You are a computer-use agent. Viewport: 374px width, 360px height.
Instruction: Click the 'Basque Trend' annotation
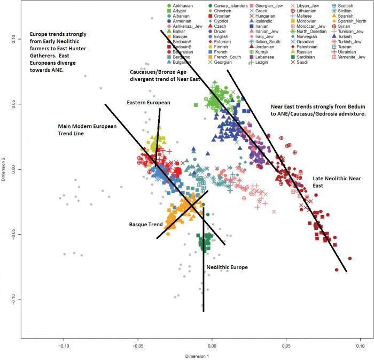145,224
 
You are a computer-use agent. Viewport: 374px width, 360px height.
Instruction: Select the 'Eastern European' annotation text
148,102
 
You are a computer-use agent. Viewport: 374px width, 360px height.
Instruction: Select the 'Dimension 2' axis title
4,169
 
